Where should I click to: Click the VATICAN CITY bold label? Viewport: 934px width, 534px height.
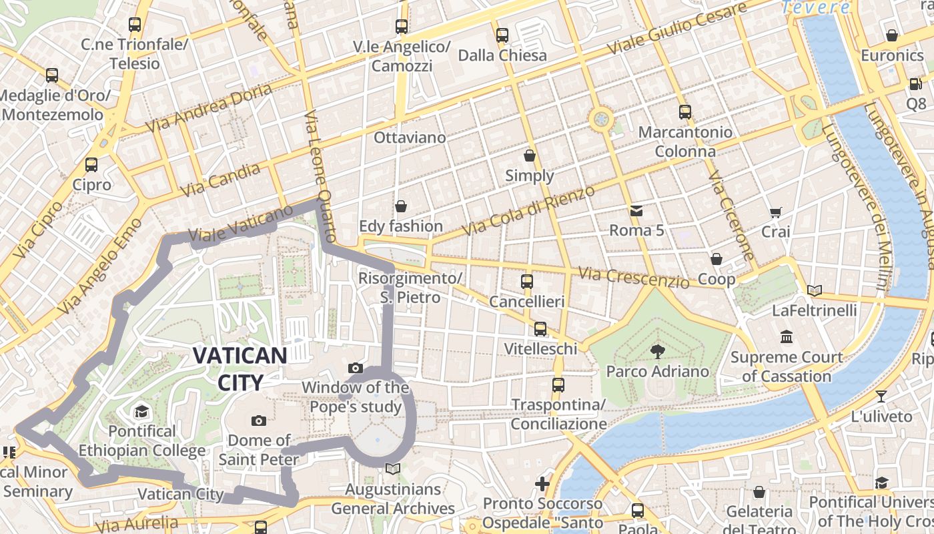coord(240,368)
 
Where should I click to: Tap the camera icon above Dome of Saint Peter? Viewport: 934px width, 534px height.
coord(259,421)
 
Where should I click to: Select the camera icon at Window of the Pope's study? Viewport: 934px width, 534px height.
coord(356,368)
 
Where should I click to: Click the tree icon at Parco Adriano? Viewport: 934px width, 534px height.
coord(657,351)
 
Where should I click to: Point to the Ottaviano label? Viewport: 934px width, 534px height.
coord(410,138)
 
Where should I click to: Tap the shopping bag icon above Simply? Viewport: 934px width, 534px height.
coord(530,156)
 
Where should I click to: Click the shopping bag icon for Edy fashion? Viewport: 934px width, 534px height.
coord(401,206)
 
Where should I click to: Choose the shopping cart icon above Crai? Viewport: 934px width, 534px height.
coord(775,212)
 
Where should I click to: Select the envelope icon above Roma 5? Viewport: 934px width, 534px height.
coord(636,211)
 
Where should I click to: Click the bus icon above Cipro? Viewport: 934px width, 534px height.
coord(91,164)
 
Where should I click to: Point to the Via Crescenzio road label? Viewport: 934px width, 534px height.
coord(633,277)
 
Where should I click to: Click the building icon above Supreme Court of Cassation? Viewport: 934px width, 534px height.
coord(787,336)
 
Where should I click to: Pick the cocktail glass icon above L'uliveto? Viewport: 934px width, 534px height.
coord(881,396)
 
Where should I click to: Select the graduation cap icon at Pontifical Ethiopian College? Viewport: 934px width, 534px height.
coord(141,411)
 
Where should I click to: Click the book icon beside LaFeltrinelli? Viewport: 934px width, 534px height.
coord(814,290)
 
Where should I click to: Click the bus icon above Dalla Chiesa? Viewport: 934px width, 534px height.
coord(502,35)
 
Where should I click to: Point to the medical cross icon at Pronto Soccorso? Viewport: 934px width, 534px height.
coord(542,483)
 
